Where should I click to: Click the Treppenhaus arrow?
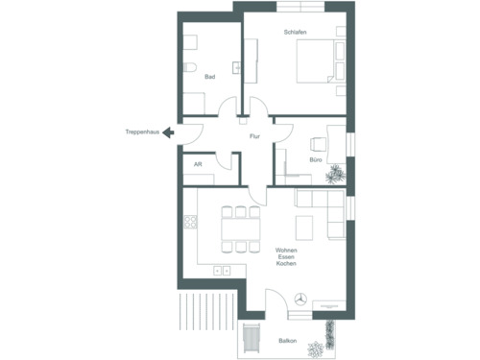click(168, 133)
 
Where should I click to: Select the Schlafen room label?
click(295, 33)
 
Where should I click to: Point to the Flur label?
click(254, 136)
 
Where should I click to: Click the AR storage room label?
click(198, 164)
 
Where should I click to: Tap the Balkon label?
click(287, 341)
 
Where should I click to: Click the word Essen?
click(285, 256)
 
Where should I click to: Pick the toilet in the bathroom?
click(190, 67)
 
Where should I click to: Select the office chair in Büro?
click(319, 144)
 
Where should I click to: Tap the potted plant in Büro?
click(334, 175)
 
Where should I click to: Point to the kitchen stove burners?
click(190, 223)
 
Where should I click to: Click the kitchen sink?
click(223, 271)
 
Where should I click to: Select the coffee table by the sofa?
click(304, 228)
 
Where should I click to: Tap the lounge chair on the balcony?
click(253, 339)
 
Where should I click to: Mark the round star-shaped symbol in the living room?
click(301, 300)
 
